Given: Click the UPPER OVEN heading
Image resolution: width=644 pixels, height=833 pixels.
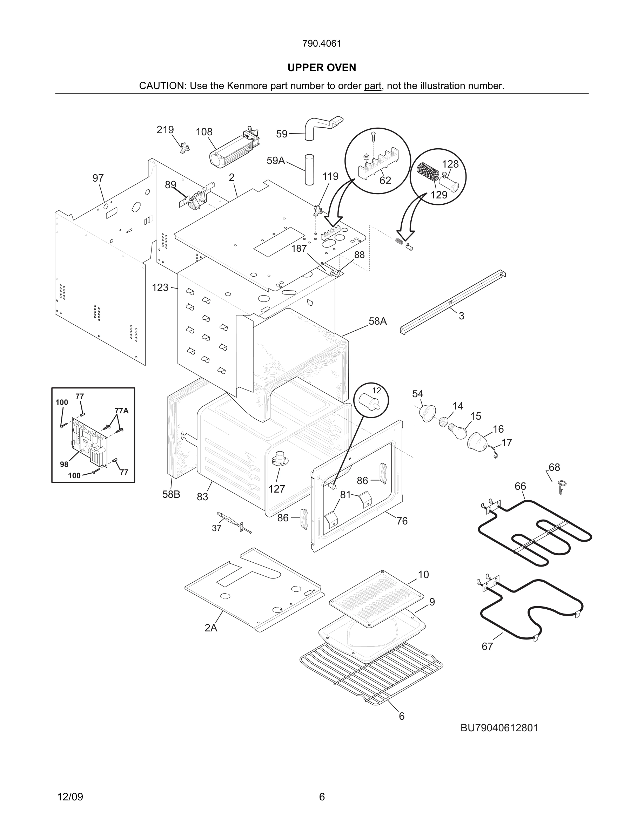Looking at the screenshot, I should tap(322, 68).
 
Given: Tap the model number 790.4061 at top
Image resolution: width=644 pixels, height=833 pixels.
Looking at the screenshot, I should tap(322, 43).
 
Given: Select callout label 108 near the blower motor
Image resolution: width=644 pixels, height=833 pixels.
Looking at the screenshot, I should tap(204, 132).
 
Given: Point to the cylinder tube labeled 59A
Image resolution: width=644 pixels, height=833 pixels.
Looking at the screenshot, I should tap(309, 170).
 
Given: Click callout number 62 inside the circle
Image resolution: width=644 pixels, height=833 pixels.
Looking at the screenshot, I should tap(385, 181).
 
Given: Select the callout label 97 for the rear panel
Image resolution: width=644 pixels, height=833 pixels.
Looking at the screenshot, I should tap(98, 178).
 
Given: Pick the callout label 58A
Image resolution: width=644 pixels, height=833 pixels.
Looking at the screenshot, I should tap(377, 321).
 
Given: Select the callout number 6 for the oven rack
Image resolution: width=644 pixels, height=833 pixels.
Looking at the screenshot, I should tap(401, 716).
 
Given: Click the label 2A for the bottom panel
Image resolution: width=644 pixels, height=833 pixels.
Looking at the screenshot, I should tap(210, 628).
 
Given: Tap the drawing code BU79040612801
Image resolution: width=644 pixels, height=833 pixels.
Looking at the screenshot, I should tap(499, 728).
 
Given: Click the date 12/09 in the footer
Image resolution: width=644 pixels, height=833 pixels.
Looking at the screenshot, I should tap(70, 797).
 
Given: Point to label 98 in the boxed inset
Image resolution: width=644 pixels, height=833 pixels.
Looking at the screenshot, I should tap(64, 464).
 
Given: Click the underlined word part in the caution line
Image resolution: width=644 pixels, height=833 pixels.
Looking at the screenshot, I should tap(373, 86).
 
